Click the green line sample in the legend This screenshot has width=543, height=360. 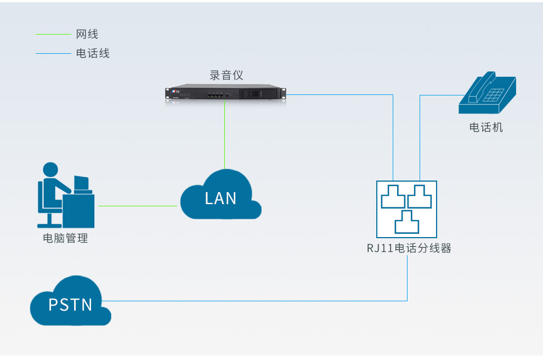click(53, 35)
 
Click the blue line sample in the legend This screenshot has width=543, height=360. click(53, 54)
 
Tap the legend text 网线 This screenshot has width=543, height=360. click(87, 34)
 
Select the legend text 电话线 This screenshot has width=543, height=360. click(93, 53)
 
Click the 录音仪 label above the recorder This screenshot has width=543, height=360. click(226, 75)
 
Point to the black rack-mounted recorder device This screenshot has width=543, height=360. click(227, 94)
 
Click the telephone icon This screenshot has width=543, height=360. click(487, 94)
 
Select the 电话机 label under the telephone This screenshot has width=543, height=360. click(486, 128)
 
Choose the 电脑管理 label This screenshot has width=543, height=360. click(65, 239)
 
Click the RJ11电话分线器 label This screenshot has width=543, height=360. click(409, 248)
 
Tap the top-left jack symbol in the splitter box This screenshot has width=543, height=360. click(393, 196)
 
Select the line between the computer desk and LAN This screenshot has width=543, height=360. click(137, 206)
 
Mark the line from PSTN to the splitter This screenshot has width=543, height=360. click(258, 301)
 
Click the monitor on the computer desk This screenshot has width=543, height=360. click(82, 183)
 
